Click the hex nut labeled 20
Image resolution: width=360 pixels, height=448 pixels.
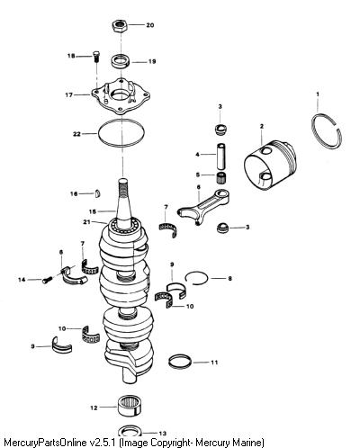tap(120, 25)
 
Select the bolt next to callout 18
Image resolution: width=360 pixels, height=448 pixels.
tap(96, 56)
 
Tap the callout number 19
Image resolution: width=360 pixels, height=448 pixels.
tap(152, 61)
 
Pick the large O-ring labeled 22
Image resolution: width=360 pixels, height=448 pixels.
tap(121, 133)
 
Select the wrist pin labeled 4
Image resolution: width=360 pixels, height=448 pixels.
tap(221, 157)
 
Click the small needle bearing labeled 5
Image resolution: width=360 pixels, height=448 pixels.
tap(221, 177)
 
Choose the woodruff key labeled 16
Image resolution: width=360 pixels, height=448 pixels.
tap(98, 193)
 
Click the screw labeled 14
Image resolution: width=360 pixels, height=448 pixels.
tap(47, 280)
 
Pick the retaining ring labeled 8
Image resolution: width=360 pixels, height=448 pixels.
tap(196, 278)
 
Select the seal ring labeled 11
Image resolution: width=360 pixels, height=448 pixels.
tap(180, 362)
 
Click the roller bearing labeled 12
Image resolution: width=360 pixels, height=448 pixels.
tap(130, 406)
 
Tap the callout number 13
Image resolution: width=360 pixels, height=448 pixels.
tap(162, 434)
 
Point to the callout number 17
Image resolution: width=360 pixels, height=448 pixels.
tap(69, 95)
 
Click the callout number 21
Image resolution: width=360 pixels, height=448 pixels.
tap(86, 222)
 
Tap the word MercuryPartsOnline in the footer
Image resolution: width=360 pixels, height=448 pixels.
tap(46, 443)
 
